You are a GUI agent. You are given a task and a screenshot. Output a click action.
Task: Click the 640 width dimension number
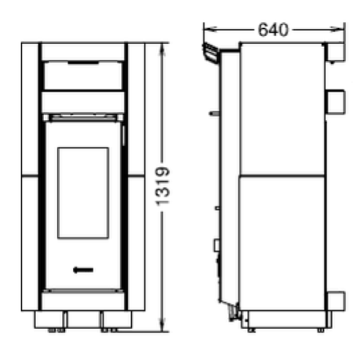(273, 30)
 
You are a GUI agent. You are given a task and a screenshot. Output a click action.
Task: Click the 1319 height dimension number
(163, 186)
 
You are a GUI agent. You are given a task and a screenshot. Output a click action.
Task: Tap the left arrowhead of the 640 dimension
(210, 30)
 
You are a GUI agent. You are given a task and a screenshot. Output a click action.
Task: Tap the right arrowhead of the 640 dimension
(338, 30)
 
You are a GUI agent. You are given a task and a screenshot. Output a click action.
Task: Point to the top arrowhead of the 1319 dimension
(163, 50)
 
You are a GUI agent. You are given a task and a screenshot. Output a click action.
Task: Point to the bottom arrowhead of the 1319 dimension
(163, 325)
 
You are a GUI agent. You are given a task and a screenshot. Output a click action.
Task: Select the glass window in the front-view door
(83, 193)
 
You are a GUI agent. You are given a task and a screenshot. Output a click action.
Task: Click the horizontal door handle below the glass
(83, 270)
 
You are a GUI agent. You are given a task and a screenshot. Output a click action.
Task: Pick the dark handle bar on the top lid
(83, 63)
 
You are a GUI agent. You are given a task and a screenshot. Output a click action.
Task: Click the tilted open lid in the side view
(210, 53)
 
